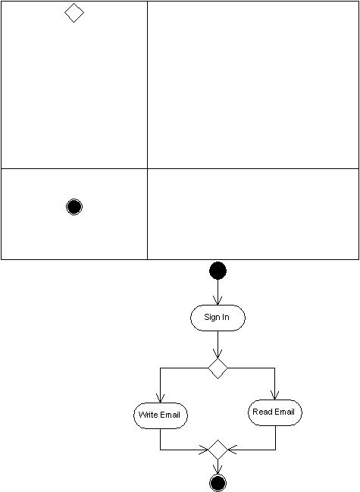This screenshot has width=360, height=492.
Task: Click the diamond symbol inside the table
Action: pos(74,13)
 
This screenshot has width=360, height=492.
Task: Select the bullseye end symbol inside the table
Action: pos(74,207)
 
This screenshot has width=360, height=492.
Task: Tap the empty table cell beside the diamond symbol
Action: pos(253,85)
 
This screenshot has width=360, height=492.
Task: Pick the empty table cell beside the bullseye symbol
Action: pos(253,214)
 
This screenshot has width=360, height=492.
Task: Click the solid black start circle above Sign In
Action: pos(218,271)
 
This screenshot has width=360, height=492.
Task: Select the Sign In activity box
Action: pos(218,318)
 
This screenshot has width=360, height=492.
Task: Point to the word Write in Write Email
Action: pos(148,415)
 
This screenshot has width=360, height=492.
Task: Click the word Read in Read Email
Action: pos(261,412)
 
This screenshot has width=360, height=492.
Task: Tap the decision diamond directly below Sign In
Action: pos(218,368)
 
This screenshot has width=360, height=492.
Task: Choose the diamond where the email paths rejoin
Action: pos(218,450)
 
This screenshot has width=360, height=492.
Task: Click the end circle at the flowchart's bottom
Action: pos(218,483)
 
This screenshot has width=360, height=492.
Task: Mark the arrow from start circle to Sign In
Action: pos(218,292)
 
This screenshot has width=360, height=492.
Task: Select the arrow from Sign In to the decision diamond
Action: pos(218,344)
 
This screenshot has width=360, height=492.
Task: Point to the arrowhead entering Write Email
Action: pos(160,399)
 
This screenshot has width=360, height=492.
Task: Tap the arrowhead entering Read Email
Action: pos(274,396)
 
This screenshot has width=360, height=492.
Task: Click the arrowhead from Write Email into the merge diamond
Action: pos(204,450)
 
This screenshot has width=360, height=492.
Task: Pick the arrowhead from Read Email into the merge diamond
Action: pos(233,450)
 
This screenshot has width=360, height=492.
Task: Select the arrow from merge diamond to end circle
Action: pos(218,468)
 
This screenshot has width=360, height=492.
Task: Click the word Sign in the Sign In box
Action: pos(211,317)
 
